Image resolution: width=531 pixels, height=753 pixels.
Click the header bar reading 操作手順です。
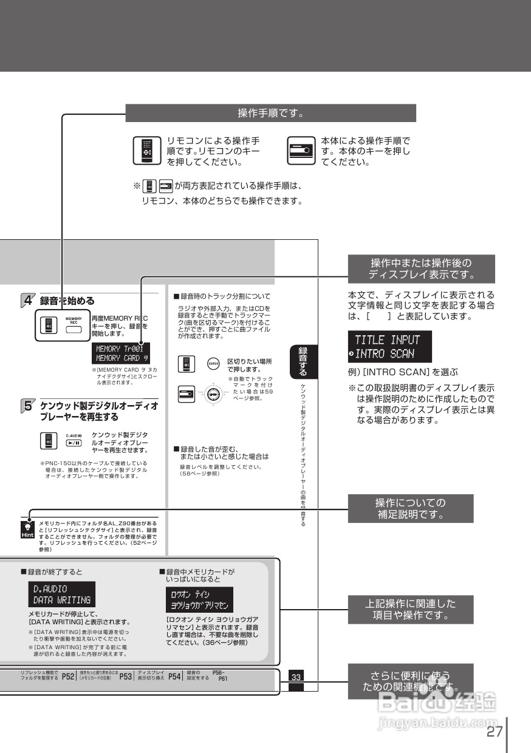pos(270,113)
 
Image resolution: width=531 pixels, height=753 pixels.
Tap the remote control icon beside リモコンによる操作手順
pos(146,151)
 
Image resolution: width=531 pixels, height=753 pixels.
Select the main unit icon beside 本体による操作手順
pos(302,151)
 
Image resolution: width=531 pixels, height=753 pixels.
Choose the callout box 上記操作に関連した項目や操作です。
pos(410,609)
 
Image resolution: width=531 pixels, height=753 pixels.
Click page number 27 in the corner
pos(495,731)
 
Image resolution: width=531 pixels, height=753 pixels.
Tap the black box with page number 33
pos(296,677)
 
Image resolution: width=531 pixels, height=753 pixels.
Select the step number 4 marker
pos(28,300)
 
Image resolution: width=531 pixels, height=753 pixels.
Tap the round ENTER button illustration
pos(213,364)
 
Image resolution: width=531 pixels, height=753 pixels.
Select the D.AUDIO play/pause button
pos(74,443)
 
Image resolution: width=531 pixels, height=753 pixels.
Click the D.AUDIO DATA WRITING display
pos(61,594)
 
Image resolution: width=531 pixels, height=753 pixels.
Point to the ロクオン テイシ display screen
pos(199,600)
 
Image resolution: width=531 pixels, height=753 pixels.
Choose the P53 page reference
pos(126,676)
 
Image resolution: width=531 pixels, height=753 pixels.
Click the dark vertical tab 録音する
pos(303,361)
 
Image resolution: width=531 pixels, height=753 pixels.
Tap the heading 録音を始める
pos(67,300)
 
